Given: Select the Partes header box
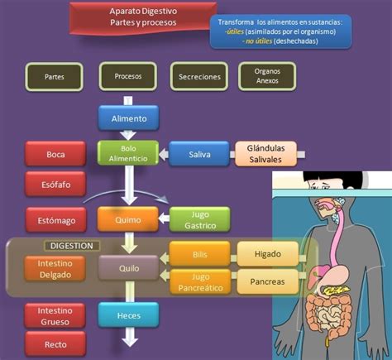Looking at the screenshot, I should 55,76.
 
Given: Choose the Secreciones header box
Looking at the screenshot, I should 199,76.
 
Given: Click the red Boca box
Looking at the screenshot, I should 55,154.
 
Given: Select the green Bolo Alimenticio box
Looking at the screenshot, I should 127,153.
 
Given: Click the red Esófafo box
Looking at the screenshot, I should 55,185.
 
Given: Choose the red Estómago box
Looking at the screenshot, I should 55,220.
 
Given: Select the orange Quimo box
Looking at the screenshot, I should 127,220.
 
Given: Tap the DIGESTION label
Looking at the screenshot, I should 71,246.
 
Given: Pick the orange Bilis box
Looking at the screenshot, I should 199,253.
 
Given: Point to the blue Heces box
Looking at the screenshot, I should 127,314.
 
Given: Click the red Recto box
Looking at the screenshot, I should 55,343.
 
